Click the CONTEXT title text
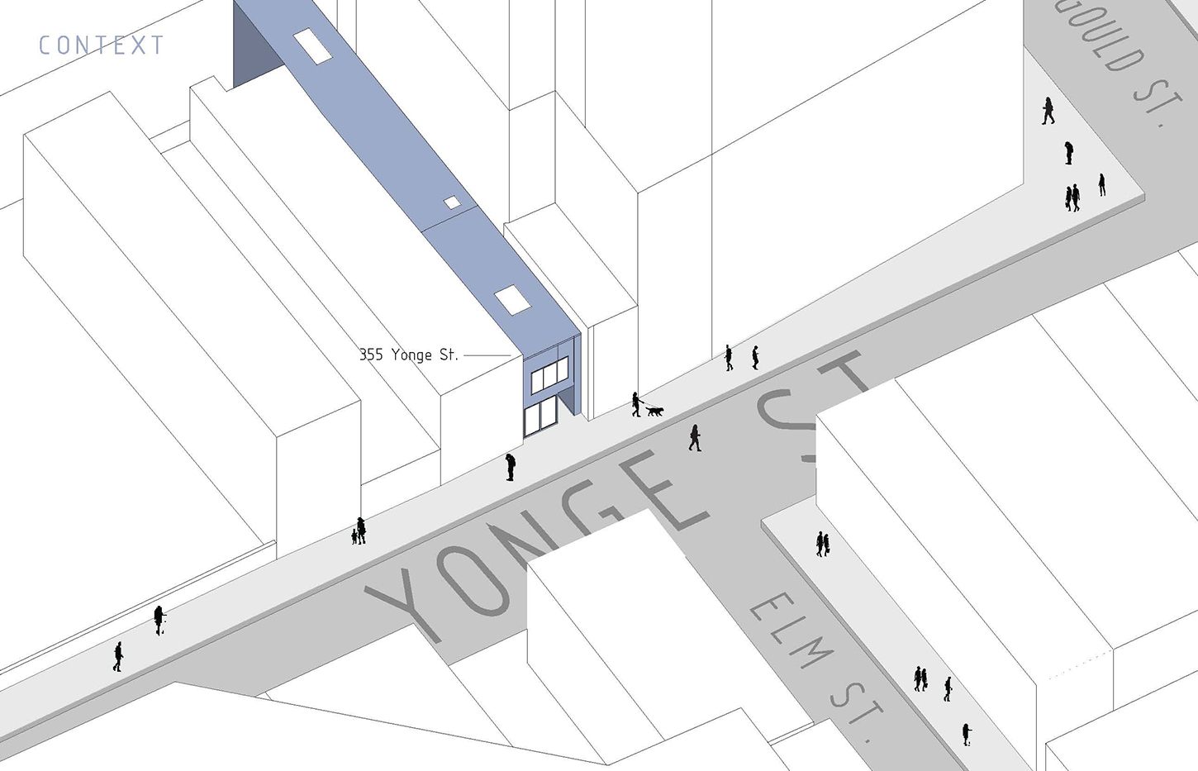pos(101,45)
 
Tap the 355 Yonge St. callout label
pos(408,355)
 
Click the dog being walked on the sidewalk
pos(654,410)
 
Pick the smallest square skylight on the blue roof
pos(451,202)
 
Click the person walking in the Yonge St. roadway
pos(695,437)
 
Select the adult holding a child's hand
pos(361,530)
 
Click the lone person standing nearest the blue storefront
pos(511,467)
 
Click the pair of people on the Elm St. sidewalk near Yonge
pos(822,543)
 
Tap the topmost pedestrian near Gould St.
pos(1048,111)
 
